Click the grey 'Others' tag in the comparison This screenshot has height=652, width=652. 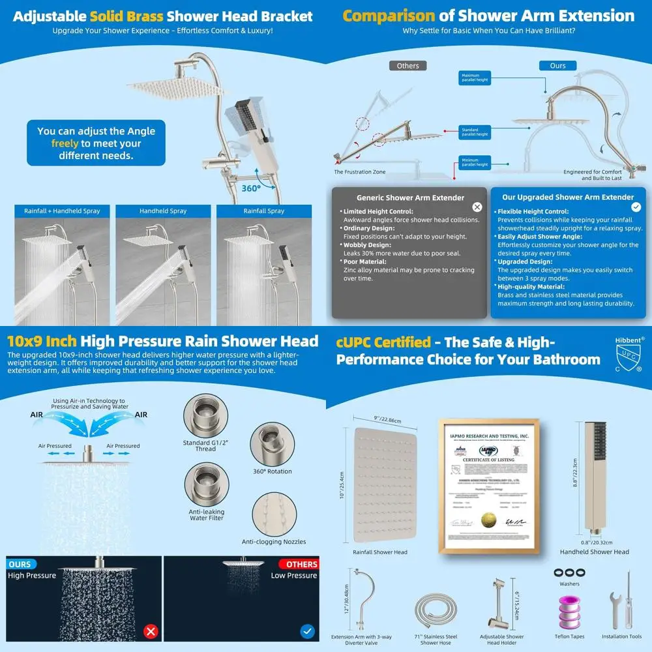click(407, 66)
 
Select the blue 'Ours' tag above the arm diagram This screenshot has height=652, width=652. click(557, 66)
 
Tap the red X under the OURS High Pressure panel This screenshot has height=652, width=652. click(152, 631)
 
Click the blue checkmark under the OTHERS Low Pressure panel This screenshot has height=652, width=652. click(308, 631)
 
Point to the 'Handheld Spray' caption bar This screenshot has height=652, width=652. click(163, 211)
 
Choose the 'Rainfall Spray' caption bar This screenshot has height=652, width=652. click(263, 211)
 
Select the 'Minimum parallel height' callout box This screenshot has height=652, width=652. click(474, 162)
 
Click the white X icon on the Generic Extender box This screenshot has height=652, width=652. click(477, 207)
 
